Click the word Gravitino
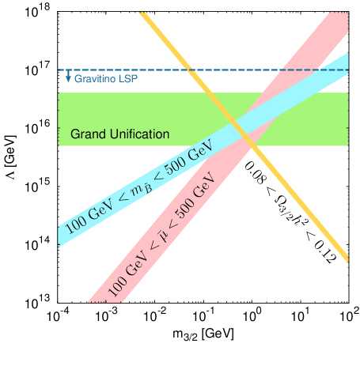click(x=93, y=80)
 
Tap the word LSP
click(x=126, y=80)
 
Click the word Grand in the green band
click(x=88, y=134)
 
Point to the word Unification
click(x=138, y=134)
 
